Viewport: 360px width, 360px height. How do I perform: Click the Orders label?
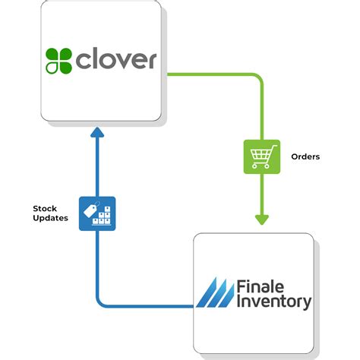click(306, 156)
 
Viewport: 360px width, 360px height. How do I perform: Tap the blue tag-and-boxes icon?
click(96, 213)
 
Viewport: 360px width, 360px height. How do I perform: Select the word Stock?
click(45, 207)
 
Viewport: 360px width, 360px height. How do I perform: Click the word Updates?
click(49, 219)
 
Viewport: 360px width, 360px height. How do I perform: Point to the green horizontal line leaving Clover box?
click(213, 74)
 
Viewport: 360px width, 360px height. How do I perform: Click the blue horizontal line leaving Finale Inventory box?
click(144, 306)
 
